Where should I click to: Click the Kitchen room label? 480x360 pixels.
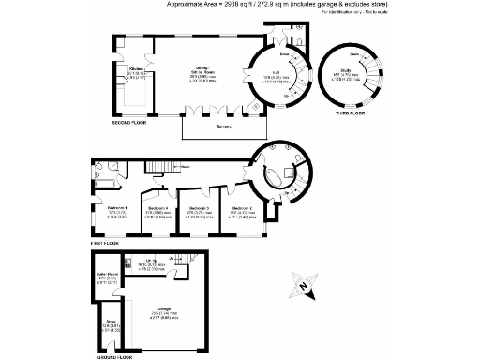click(137, 68)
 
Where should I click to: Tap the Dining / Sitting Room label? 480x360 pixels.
click(202, 68)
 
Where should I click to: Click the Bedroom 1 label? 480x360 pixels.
click(117, 207)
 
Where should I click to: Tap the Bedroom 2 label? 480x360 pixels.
click(242, 207)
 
